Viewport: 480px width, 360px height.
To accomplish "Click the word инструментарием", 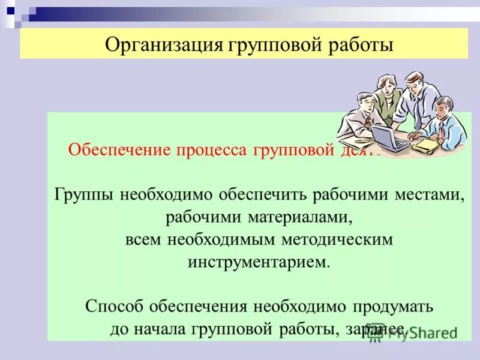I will click(259, 262).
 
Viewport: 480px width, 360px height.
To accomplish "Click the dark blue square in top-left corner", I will click(10, 10).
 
